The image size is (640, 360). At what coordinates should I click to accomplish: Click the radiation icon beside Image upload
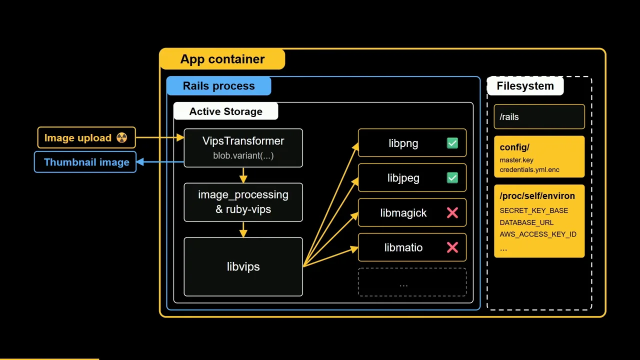pyautogui.click(x=121, y=137)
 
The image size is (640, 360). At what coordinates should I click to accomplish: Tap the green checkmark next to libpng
pyautogui.click(x=452, y=143)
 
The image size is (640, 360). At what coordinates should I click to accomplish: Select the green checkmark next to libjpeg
pyautogui.click(x=452, y=177)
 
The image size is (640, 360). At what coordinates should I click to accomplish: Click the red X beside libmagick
pyautogui.click(x=452, y=213)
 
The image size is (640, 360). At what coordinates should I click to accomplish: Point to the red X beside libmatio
pyautogui.click(x=452, y=247)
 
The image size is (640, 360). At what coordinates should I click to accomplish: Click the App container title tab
pyautogui.click(x=222, y=59)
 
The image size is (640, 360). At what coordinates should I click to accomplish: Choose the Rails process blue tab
pyautogui.click(x=219, y=85)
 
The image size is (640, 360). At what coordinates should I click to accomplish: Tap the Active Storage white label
pyautogui.click(x=225, y=111)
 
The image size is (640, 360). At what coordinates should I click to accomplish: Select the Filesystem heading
pyautogui.click(x=525, y=85)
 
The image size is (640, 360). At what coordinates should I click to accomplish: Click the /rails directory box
pyautogui.click(x=539, y=116)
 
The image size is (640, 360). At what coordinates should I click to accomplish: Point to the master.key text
pyautogui.click(x=516, y=160)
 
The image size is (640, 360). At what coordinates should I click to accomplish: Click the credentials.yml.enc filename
pyautogui.click(x=529, y=169)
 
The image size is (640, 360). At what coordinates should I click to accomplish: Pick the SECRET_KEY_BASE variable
pyautogui.click(x=533, y=210)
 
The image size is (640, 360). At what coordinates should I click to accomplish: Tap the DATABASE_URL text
pyautogui.click(x=526, y=222)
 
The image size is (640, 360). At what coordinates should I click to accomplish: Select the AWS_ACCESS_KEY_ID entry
pyautogui.click(x=538, y=234)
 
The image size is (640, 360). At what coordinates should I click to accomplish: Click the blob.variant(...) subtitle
pyautogui.click(x=243, y=155)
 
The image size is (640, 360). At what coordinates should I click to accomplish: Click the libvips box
pyautogui.click(x=243, y=266)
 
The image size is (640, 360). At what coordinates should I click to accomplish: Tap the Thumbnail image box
pyautogui.click(x=85, y=162)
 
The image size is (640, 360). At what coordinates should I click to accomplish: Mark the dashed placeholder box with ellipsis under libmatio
pyautogui.click(x=412, y=282)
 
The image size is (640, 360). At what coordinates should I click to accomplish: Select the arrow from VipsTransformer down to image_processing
pyautogui.click(x=243, y=175)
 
